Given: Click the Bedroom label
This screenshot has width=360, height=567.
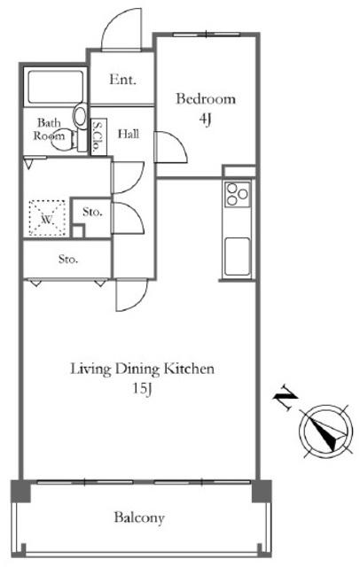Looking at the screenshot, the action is pyautogui.click(x=206, y=98).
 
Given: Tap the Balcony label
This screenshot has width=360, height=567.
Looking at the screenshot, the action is pyautogui.click(x=139, y=517).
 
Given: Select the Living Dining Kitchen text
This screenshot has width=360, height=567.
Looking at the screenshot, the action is pyautogui.click(x=142, y=369).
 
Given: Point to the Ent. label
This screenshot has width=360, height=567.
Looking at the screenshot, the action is pyautogui.click(x=122, y=80).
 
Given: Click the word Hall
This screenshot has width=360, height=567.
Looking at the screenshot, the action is pyautogui.click(x=129, y=134).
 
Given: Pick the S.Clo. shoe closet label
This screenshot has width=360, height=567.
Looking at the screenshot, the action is pyautogui.click(x=97, y=136).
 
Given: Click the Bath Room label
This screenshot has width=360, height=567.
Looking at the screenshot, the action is pyautogui.click(x=49, y=129).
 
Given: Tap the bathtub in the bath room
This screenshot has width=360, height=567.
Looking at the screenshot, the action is pyautogui.click(x=56, y=87).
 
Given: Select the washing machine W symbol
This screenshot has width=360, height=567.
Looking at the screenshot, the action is pyautogui.click(x=47, y=218).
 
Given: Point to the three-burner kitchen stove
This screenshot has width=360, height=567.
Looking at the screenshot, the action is pyautogui.click(x=238, y=194).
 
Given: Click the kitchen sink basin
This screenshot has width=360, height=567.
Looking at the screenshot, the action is pyautogui.click(x=238, y=256).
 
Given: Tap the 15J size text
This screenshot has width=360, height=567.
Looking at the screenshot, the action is pyautogui.click(x=142, y=389).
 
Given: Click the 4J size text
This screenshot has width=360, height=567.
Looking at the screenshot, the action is pyautogui.click(x=205, y=120).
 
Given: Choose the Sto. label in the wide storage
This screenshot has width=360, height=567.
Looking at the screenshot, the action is pyautogui.click(x=67, y=259).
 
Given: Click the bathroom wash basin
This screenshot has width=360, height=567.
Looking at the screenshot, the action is pyautogui.click(x=81, y=116).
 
